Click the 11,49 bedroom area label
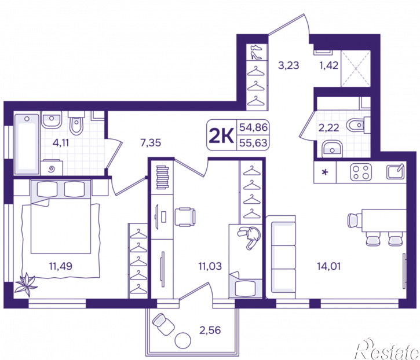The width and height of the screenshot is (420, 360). (60, 266)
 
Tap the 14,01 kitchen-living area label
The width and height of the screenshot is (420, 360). (328, 266)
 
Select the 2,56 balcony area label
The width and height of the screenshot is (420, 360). (210, 330)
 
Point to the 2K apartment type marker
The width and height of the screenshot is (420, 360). (221, 135)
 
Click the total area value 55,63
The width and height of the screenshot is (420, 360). (253, 143)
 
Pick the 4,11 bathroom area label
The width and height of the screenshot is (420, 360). (61, 142)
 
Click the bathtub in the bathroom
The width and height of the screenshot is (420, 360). (27, 144)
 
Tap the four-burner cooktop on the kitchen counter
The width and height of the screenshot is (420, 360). (361, 172)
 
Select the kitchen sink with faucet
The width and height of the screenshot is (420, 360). (395, 171)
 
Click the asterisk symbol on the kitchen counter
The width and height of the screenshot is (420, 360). (325, 172)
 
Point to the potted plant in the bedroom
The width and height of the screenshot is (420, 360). (25, 285)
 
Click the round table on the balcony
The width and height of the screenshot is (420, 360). (182, 340)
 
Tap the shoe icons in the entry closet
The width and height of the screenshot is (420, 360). (256, 52)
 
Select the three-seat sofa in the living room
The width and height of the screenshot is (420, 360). (281, 257)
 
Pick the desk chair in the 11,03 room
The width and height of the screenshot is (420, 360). (185, 217)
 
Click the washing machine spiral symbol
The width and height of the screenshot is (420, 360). (52, 168)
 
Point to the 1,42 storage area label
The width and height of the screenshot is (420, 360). (328, 65)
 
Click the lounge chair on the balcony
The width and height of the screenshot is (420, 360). (163, 324)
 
